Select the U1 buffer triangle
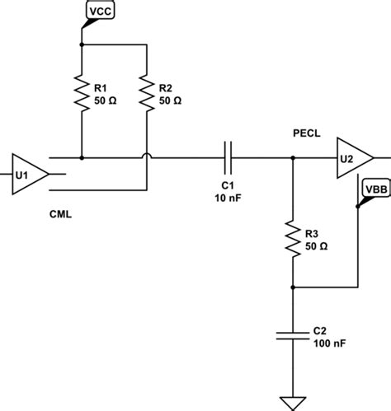(x=27, y=174)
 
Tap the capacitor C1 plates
(x=228, y=156)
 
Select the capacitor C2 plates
(x=293, y=336)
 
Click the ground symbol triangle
(x=293, y=403)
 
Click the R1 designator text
(x=101, y=85)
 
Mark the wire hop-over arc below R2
(x=146, y=156)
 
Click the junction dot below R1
(x=82, y=156)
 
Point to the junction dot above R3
(x=293, y=156)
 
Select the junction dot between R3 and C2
(x=293, y=287)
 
